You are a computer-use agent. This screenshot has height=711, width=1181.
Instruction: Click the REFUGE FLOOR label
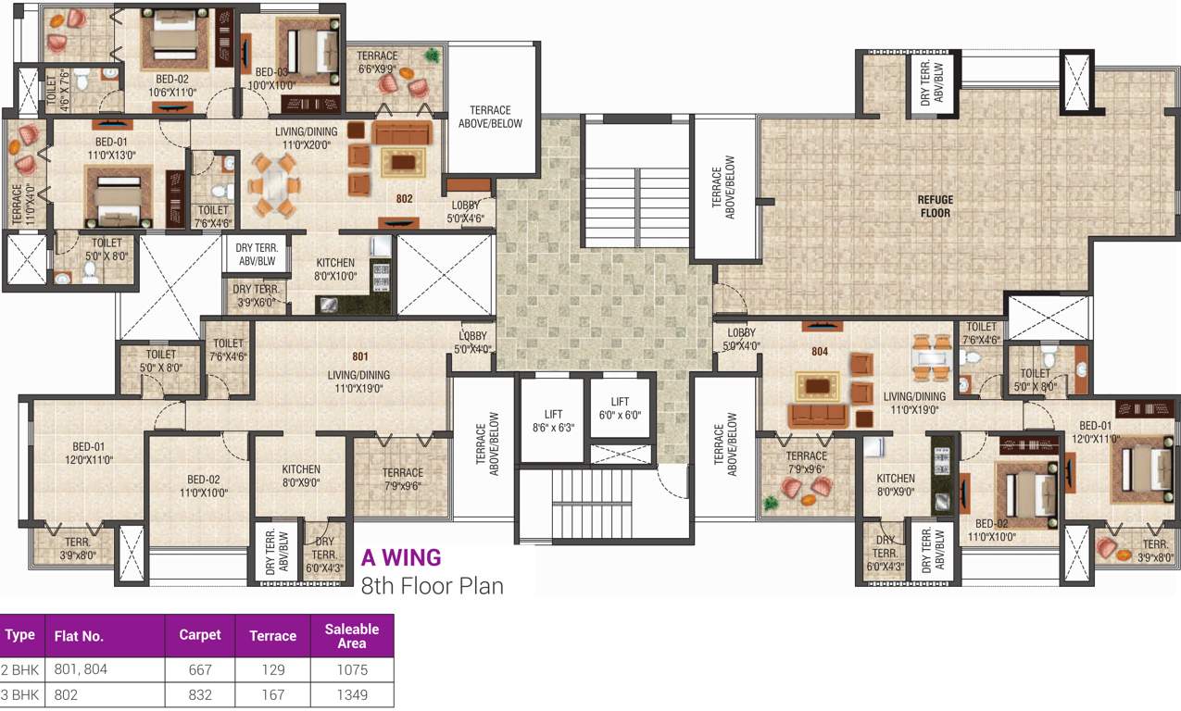[x=935, y=206]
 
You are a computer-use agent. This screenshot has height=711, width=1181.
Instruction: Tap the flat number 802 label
[x=404, y=198]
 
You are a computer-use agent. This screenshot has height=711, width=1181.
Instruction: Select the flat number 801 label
[x=360, y=355]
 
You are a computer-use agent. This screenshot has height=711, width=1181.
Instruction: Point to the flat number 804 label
[x=819, y=352]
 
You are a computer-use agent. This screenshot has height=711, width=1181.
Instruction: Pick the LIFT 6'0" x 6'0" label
[x=621, y=408]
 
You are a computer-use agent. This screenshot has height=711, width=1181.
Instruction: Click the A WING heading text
[x=400, y=557]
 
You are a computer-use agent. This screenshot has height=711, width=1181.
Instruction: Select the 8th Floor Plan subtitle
[x=432, y=585]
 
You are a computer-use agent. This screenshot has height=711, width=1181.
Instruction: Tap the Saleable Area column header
[x=351, y=635]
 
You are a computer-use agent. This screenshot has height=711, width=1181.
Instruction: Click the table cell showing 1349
[x=351, y=694]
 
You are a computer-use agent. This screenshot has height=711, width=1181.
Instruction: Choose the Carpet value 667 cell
[x=199, y=669]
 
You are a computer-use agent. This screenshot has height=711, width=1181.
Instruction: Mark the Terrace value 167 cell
[x=272, y=694]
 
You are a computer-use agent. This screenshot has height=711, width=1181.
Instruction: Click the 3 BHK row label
[x=20, y=694]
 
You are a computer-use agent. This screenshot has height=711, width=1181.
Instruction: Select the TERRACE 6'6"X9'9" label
[x=377, y=62]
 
